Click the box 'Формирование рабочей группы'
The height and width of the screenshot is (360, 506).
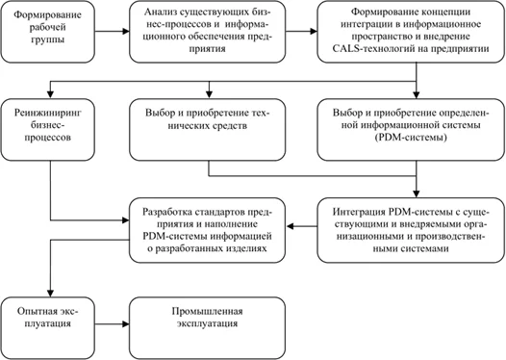click(49, 30)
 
